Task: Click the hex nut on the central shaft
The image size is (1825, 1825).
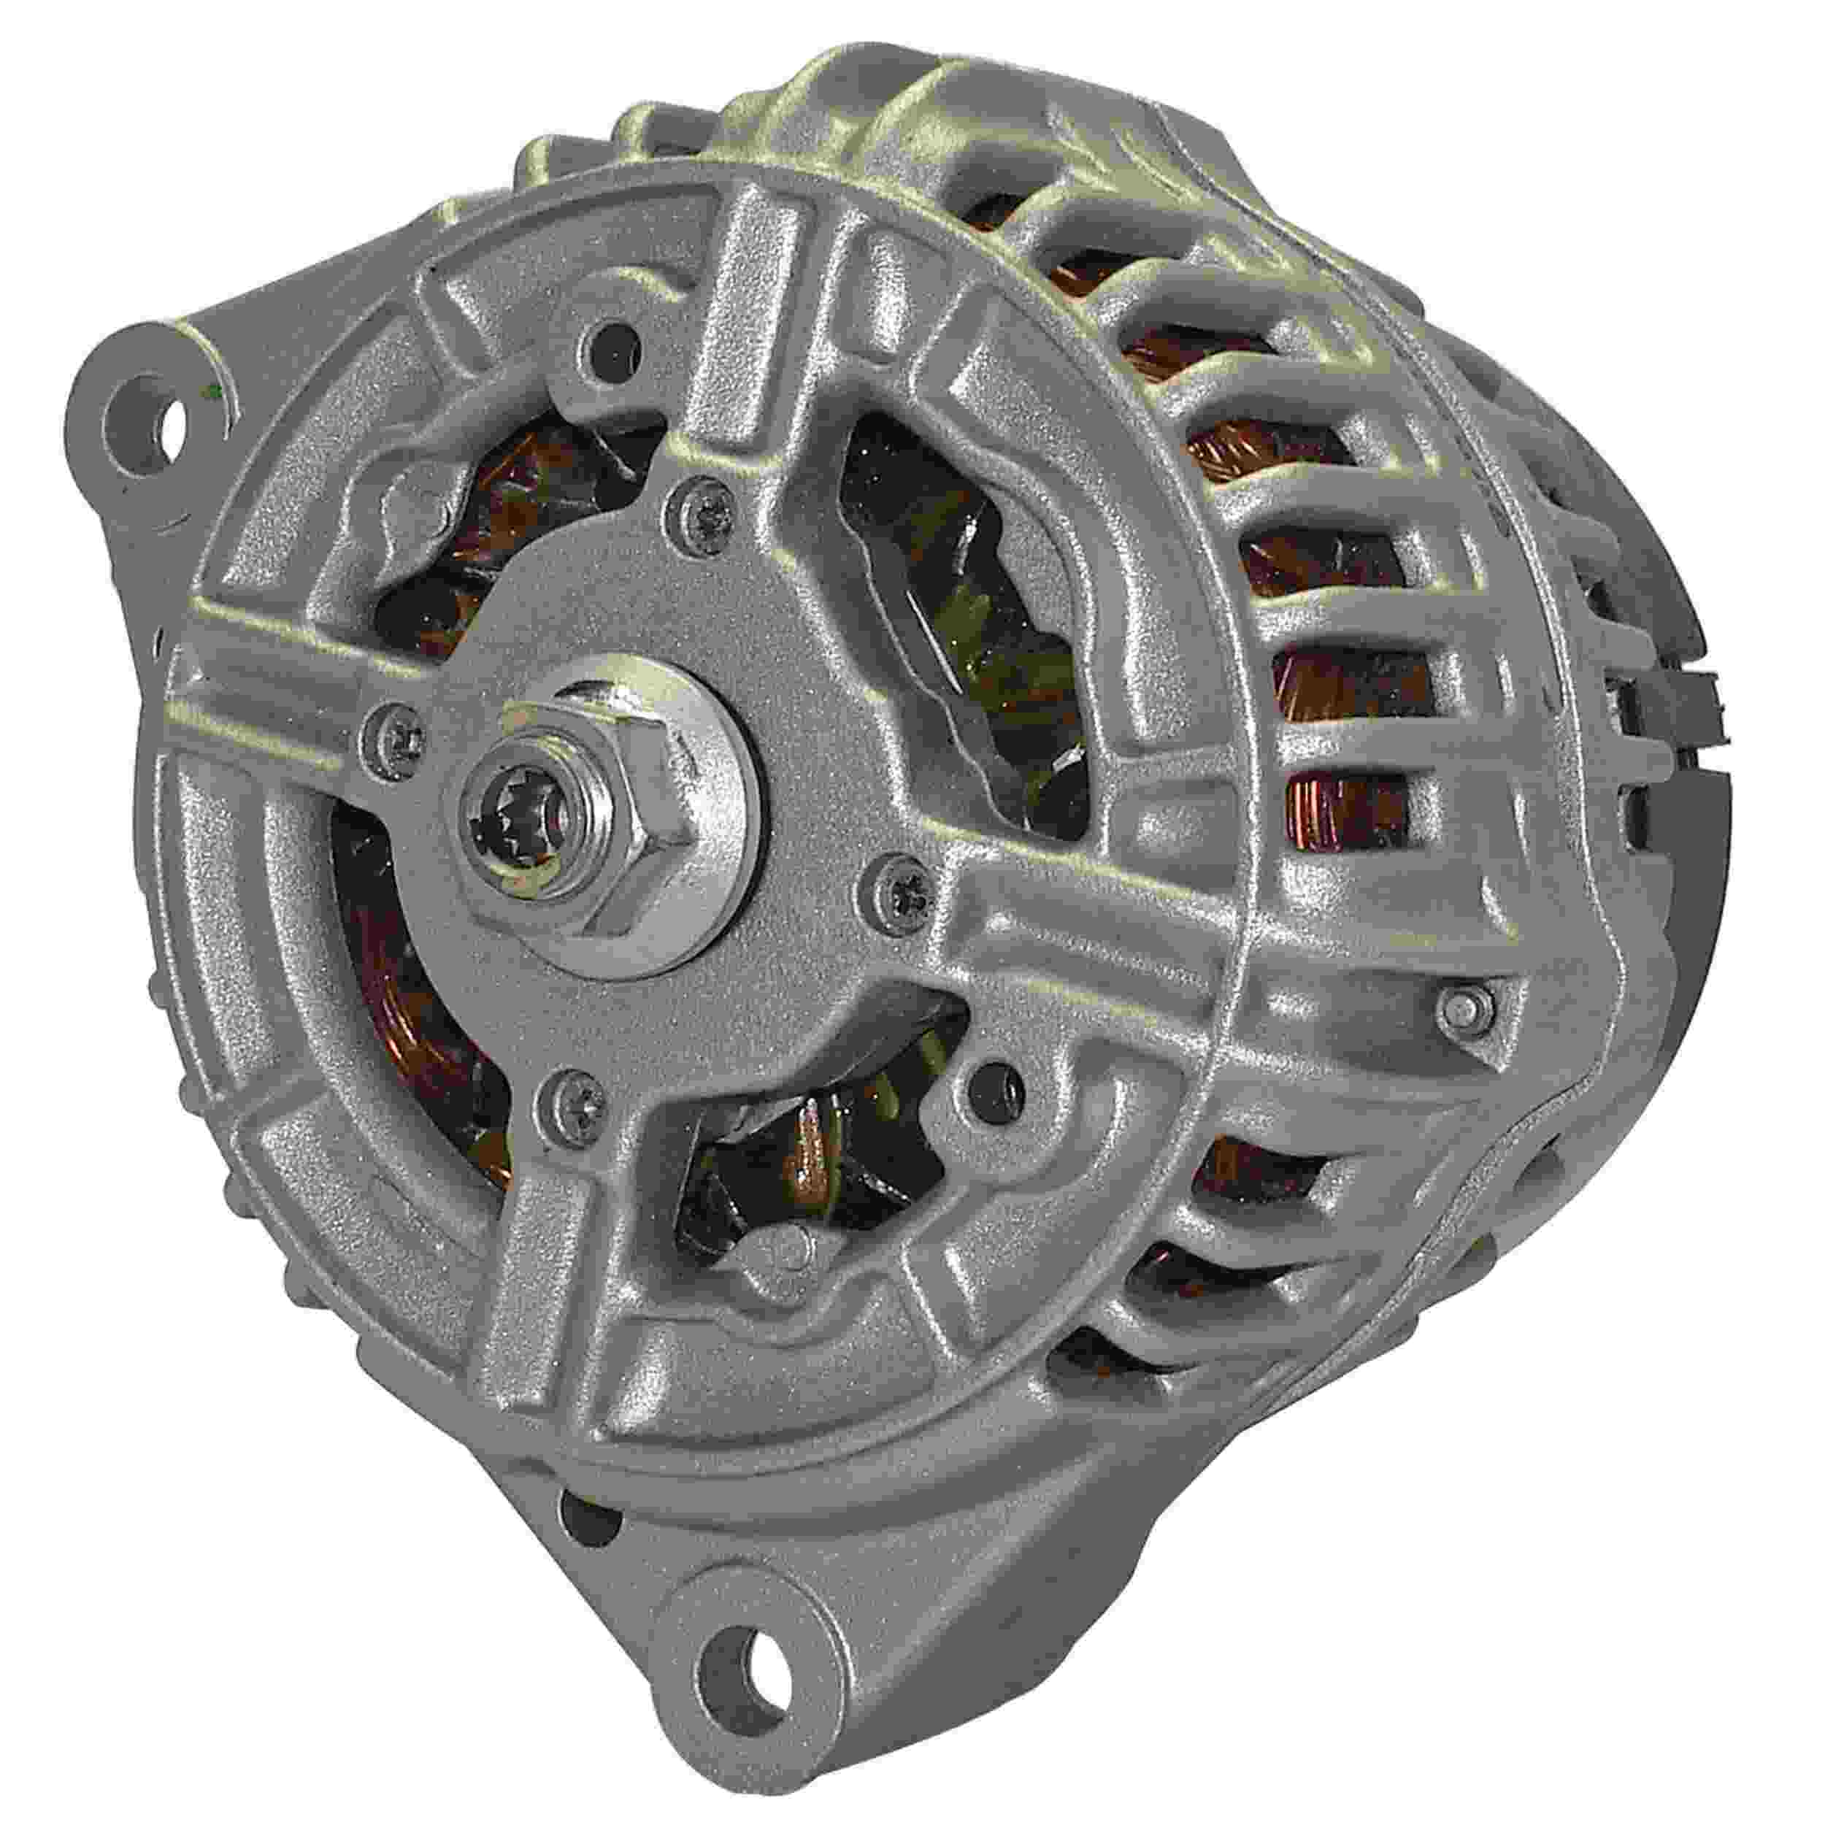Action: pos(604,803)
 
